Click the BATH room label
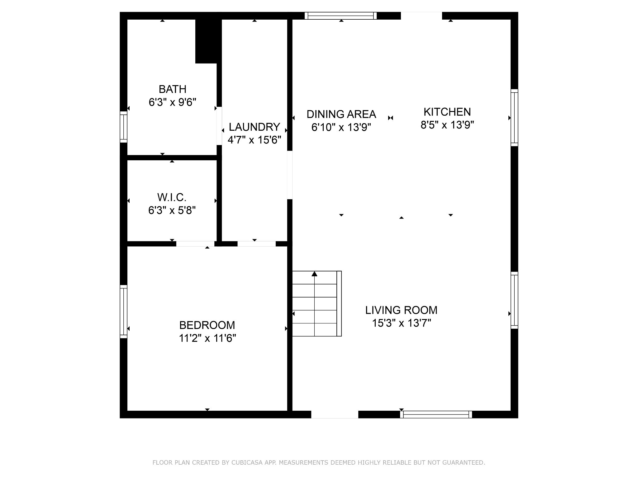(x=173, y=89)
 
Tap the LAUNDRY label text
(x=255, y=127)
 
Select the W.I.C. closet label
(x=172, y=197)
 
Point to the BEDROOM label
(x=207, y=325)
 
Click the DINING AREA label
(x=341, y=114)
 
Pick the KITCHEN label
(x=447, y=112)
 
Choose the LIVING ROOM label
(x=401, y=310)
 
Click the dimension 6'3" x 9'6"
(x=173, y=102)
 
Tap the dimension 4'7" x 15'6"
(x=255, y=140)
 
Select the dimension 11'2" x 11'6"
(x=207, y=338)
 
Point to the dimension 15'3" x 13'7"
(x=401, y=323)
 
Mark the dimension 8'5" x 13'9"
(x=447, y=125)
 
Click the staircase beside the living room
(x=317, y=304)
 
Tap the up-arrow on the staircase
(x=314, y=274)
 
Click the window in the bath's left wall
(x=124, y=127)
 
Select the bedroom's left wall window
(x=124, y=312)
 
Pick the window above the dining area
(x=340, y=16)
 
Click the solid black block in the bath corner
(x=206, y=41)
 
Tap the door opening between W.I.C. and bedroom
(x=195, y=244)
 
